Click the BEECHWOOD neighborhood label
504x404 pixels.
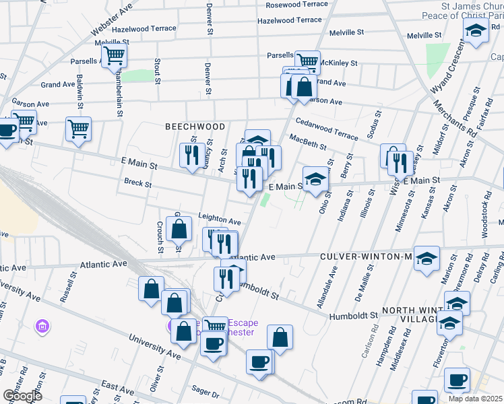(x=186, y=127)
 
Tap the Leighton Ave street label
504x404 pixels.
(x=219, y=221)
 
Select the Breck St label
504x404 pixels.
(x=137, y=182)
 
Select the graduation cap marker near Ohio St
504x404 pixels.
(x=315, y=179)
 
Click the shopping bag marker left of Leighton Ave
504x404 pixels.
(x=179, y=230)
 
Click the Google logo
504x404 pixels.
(x=22, y=395)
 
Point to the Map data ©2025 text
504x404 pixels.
(x=475, y=399)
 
